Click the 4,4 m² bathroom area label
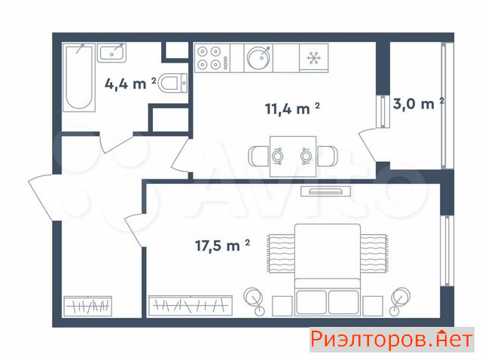(130, 84)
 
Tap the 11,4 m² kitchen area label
(292, 108)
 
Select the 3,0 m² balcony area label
(419, 104)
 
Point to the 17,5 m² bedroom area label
(222, 245)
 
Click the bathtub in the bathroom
(78, 77)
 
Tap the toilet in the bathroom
(172, 83)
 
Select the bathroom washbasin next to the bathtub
(112, 53)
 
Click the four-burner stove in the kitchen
(212, 58)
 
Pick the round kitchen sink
(258, 58)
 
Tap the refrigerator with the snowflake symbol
(314, 58)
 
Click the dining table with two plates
(293, 157)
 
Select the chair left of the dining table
(258, 157)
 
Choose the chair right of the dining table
(327, 157)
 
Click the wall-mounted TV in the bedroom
(326, 191)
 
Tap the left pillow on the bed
(311, 302)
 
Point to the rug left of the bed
(281, 253)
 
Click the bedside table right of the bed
(373, 306)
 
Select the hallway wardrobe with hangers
(87, 307)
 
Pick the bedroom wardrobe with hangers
(191, 306)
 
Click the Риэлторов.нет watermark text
(392, 340)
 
